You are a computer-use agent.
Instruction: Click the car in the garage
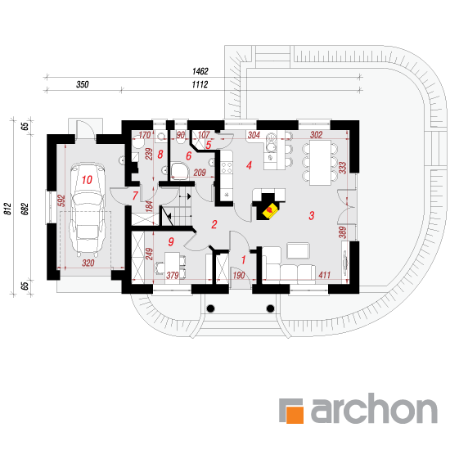tap(88, 209)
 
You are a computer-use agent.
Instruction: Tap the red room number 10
tap(87, 180)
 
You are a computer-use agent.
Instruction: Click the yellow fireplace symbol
tap(270, 211)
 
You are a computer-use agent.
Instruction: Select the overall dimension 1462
tap(200, 71)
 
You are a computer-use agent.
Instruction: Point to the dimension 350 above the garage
tap(83, 84)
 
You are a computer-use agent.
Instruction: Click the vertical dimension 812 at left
tap(7, 209)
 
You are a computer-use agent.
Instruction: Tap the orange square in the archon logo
tap(295, 415)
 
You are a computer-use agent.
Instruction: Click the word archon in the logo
tap(374, 408)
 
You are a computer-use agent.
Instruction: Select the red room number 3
tap(312, 215)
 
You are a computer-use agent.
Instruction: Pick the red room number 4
tap(249, 165)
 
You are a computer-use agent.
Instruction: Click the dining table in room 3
tap(320, 163)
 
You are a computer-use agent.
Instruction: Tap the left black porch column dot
tap(210, 308)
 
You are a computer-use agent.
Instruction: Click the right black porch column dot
tap(270, 308)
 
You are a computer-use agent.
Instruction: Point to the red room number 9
tap(171, 241)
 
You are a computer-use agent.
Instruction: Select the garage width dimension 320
tap(88, 263)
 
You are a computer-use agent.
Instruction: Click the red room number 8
tap(160, 155)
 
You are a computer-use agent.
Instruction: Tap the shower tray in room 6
tap(180, 172)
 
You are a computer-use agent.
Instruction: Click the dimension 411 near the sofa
tap(324, 275)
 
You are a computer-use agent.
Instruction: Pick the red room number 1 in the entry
tap(243, 260)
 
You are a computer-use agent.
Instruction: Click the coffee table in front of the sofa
tap(299, 251)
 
